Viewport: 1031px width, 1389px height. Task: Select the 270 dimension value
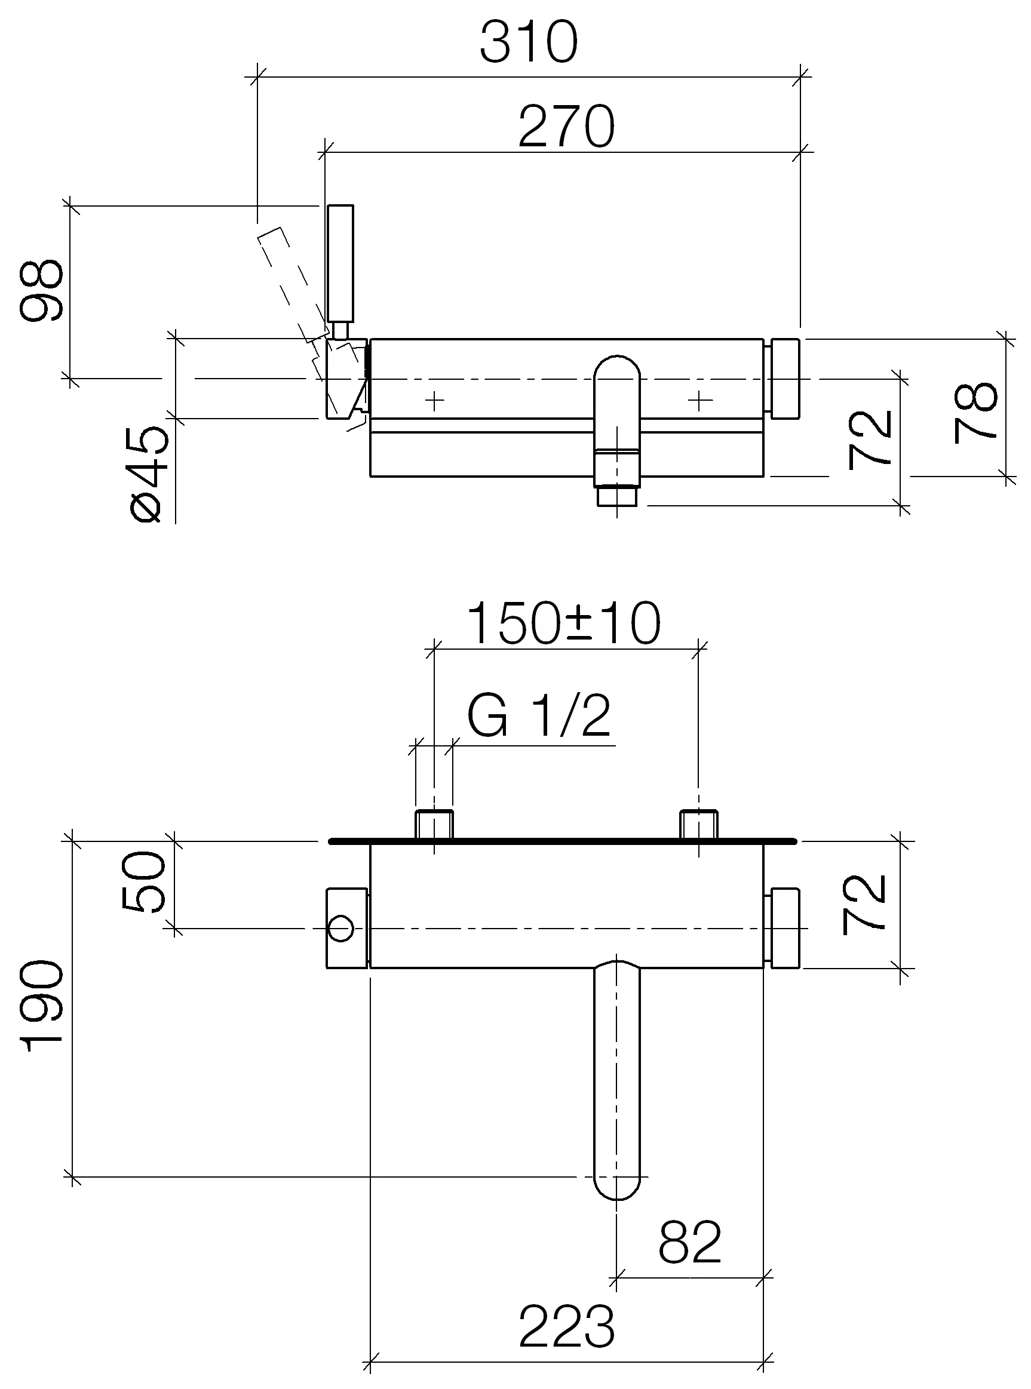coord(566,127)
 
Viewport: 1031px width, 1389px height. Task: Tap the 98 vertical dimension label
coord(41,291)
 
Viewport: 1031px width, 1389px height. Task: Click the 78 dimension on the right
coord(976,413)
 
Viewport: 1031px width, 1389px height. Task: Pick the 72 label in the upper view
coord(869,440)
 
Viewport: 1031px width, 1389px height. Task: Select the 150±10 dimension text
coord(563,624)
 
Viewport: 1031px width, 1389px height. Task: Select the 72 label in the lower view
coord(864,904)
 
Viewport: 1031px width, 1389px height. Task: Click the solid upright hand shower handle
coord(340,263)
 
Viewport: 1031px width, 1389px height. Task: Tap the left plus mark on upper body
coord(434,400)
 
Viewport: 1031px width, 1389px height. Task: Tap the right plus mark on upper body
coord(699,400)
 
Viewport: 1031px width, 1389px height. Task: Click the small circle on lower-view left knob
coord(340,929)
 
